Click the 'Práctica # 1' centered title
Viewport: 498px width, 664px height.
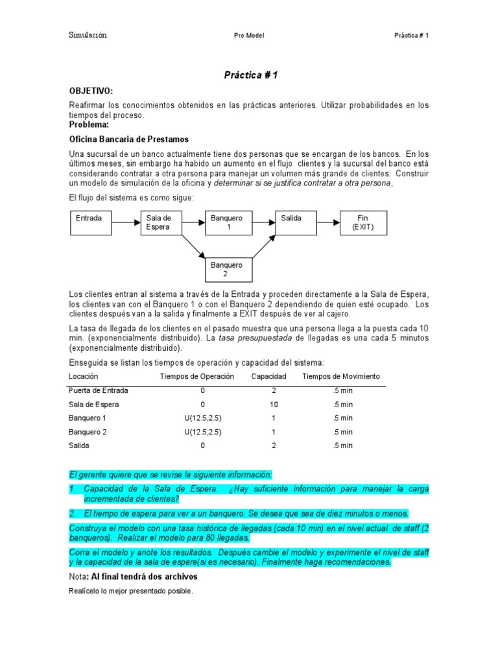pyautogui.click(x=250, y=76)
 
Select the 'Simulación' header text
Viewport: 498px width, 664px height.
pyautogui.click(x=88, y=35)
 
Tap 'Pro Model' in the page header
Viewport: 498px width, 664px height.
pyautogui.click(x=249, y=36)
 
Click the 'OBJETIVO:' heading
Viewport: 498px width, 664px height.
pyautogui.click(x=91, y=91)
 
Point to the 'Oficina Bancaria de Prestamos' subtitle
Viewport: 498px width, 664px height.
pyautogui.click(x=128, y=139)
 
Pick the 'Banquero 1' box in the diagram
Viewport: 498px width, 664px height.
pyautogui.click(x=228, y=222)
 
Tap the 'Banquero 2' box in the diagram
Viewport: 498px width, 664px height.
pyautogui.click(x=228, y=269)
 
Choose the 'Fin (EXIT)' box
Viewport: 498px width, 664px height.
pyautogui.click(x=362, y=222)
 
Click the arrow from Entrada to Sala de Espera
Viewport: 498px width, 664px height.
pyautogui.click(x=128, y=222)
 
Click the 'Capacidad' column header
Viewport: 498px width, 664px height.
pyautogui.click(x=267, y=377)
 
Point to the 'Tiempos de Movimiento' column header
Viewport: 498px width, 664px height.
pyautogui.click(x=341, y=377)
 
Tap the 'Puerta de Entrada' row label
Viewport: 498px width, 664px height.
pyautogui.click(x=99, y=390)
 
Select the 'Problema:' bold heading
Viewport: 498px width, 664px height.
pyautogui.click(x=89, y=124)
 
